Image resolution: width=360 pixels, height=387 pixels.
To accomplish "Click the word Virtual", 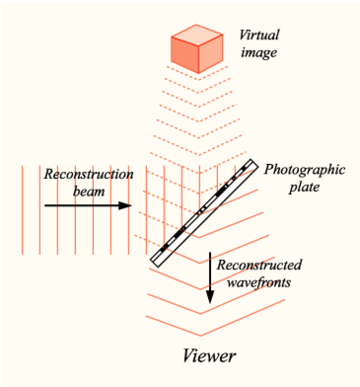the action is [x=259, y=35].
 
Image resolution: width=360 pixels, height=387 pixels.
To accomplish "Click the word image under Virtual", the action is [x=259, y=53].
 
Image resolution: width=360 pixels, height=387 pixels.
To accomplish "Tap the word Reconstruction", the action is [x=89, y=174].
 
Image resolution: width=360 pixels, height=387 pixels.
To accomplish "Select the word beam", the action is [x=89, y=192].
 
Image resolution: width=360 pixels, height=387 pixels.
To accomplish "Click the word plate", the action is [x=304, y=187].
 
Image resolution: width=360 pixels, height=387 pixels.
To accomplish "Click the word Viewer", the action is [x=209, y=356].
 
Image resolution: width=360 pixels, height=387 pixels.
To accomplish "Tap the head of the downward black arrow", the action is [x=210, y=297].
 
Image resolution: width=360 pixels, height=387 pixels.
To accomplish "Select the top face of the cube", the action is [x=197, y=35].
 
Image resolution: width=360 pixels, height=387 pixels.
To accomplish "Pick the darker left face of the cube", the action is [x=185, y=55].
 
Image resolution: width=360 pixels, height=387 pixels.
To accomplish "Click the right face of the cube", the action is [x=211, y=53].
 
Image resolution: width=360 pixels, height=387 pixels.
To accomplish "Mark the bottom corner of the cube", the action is [x=199, y=73].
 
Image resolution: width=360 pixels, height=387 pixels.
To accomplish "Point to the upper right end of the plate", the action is [x=255, y=163].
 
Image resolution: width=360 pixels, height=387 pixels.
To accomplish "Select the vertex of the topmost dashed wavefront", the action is [x=199, y=80].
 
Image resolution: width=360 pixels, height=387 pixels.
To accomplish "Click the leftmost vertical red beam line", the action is [x=22, y=210].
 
